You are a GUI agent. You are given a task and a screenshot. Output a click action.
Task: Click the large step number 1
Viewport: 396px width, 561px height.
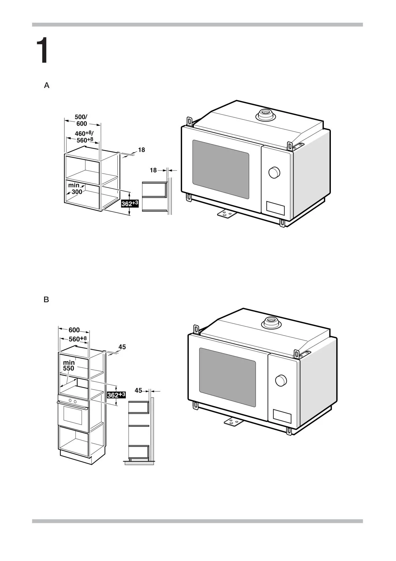pyautogui.click(x=42, y=50)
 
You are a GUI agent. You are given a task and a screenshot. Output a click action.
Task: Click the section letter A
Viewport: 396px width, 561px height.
pyautogui.click(x=47, y=85)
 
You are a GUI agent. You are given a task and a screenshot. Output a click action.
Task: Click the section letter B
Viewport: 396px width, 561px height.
pyautogui.click(x=46, y=300)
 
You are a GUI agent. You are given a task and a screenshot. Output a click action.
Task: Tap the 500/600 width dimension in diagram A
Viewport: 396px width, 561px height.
pyautogui.click(x=81, y=120)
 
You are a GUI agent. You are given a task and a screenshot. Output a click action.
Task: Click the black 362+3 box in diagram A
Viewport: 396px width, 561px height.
pyautogui.click(x=130, y=203)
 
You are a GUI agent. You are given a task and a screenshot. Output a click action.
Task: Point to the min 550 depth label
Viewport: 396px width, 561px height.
pyautogui.click(x=69, y=365)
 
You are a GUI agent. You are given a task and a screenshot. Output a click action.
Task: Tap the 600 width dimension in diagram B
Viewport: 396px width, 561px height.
pyautogui.click(x=74, y=330)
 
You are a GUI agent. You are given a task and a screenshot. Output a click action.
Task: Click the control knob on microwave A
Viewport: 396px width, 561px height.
pyautogui.click(x=274, y=172)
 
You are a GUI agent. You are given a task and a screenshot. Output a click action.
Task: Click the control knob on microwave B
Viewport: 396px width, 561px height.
pyautogui.click(x=281, y=381)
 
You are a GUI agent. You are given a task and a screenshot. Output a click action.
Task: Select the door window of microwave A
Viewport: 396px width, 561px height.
pyautogui.click(x=221, y=169)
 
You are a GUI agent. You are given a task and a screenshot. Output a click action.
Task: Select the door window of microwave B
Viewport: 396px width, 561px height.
pyautogui.click(x=227, y=377)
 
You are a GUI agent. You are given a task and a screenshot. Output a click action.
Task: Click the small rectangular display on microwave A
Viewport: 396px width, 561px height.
pyautogui.click(x=275, y=208)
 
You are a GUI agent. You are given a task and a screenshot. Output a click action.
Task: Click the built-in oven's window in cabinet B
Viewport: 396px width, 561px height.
pyautogui.click(x=73, y=415)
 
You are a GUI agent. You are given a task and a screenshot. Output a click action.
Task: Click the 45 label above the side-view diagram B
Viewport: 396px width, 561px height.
pyautogui.click(x=138, y=391)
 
